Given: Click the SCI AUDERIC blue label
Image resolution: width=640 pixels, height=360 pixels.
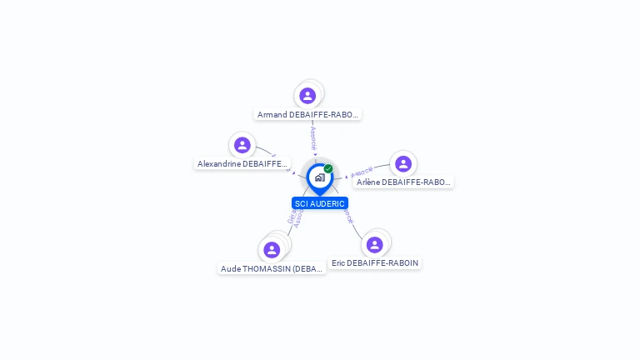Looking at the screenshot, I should coord(320,203).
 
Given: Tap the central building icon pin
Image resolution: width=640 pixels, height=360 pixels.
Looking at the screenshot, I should coord(319,177).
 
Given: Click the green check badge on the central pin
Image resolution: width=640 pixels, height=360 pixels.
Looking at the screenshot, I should coord(328,169).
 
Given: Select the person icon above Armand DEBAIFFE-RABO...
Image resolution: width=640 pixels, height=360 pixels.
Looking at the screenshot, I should coord(307,96).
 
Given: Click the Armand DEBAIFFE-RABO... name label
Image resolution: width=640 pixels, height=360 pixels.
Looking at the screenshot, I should coord(307,115).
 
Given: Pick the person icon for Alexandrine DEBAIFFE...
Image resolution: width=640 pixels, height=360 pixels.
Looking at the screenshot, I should coord(242,145).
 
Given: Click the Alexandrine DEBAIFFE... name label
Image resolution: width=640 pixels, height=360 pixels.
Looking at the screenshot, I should coord(242,164).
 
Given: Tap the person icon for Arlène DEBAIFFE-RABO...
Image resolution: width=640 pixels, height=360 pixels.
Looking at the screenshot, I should coord(403,163).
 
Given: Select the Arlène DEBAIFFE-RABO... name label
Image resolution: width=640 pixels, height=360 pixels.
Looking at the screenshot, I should coord(402,182).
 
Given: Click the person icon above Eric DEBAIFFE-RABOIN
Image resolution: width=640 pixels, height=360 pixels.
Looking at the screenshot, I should coord(375,244).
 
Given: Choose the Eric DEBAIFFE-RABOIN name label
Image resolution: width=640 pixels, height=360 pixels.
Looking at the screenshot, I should coord(375,262).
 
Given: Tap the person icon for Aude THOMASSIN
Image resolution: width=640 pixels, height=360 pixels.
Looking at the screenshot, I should coord(272,249).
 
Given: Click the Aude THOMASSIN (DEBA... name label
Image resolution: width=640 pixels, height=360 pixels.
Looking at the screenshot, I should coord(272,268).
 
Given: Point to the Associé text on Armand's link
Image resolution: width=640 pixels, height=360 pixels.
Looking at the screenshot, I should coord(313,138).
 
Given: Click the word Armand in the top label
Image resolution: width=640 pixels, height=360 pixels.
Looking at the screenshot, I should coord(272,115).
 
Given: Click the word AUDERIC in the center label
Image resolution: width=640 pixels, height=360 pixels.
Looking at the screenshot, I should coord(327,203).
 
